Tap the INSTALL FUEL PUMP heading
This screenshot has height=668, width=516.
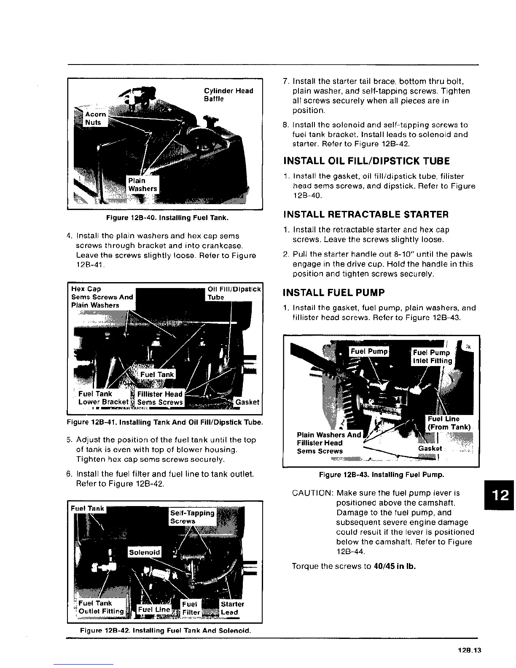click(334, 293)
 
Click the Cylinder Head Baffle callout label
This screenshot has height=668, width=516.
click(228, 95)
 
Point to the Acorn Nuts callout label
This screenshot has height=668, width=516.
click(95, 119)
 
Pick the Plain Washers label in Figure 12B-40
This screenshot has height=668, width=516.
click(142, 185)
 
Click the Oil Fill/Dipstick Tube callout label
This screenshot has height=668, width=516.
click(234, 293)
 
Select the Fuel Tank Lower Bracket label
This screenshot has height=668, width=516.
click(103, 398)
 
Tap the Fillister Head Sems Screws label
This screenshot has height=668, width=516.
click(160, 398)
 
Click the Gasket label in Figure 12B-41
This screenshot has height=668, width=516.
click(247, 402)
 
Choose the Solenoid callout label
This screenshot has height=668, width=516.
click(145, 552)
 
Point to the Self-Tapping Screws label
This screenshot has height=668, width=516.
click(192, 517)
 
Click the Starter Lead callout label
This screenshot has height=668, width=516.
click(232, 608)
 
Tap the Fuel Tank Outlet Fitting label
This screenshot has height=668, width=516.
click(101, 607)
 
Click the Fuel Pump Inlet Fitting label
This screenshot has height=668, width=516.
click(432, 357)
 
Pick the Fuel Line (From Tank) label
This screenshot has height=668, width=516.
click(449, 423)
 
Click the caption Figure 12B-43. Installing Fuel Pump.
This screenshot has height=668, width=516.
click(382, 475)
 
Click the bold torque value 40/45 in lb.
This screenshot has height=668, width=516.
click(395, 566)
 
